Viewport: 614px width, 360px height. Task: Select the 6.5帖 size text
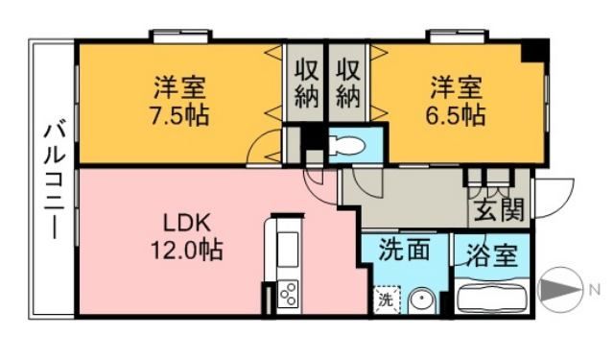click(456, 116)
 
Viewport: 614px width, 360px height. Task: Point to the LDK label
click(183, 223)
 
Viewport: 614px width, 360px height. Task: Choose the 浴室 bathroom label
click(492, 256)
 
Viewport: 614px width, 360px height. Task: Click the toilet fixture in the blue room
click(344, 147)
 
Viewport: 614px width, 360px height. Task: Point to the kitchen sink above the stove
click(289, 246)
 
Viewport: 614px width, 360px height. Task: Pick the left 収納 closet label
click(306, 83)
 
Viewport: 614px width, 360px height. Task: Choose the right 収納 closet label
click(347, 83)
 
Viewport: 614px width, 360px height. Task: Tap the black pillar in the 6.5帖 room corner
click(535, 51)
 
